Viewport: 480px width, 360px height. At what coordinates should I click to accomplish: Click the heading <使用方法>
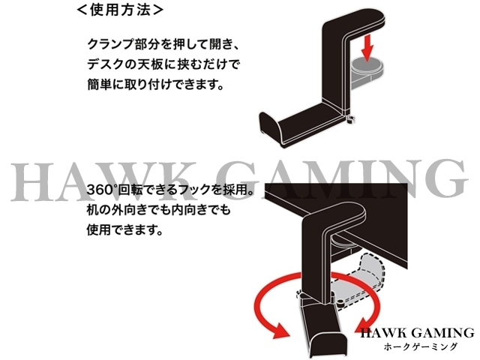[x=119, y=11]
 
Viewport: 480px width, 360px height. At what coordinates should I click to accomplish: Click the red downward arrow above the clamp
[x=367, y=50]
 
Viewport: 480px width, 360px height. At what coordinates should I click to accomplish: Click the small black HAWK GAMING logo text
[x=416, y=333]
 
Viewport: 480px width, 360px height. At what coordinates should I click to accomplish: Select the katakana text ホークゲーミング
[x=415, y=347]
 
